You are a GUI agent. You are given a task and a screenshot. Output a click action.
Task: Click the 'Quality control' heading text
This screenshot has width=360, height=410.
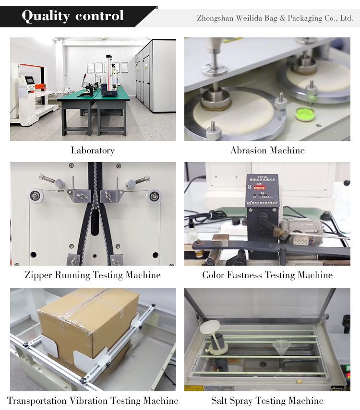pos(72,16)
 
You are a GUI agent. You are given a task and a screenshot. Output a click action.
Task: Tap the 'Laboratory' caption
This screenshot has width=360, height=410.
pos(93,151)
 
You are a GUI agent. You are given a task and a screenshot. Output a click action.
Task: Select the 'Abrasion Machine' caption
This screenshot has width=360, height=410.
pos(267,151)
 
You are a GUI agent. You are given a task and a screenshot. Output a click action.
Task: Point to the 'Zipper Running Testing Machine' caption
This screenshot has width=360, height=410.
pos(93,275)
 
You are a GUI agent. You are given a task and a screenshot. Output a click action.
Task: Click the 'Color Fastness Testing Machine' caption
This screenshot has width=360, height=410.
pos(267,275)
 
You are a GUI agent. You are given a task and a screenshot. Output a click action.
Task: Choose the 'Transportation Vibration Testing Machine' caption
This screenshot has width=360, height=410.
pos(93,400)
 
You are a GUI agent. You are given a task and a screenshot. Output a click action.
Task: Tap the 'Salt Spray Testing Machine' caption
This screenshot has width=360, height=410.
pos(267,400)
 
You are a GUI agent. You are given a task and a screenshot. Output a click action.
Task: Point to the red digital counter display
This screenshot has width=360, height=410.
pos(259,187)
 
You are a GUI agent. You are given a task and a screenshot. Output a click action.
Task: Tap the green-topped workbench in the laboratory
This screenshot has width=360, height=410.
pos(94,110)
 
